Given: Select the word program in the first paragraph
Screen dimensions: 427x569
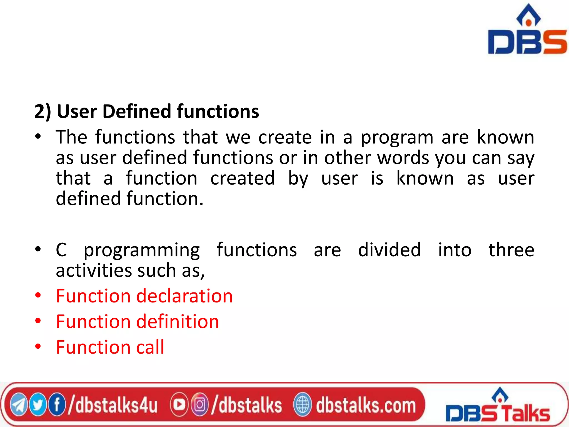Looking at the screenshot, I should pyautogui.click(x=397, y=138).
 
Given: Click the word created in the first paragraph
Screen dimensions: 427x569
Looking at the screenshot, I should pyautogui.click(x=242, y=178).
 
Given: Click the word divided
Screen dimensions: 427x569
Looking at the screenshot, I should pyautogui.click(x=389, y=249).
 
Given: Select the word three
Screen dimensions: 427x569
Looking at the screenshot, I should pyautogui.click(x=511, y=249).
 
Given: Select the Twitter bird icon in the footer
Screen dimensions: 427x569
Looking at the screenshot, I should pyautogui.click(x=38, y=405).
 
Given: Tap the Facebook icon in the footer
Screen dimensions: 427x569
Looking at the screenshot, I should pyautogui.click(x=57, y=405).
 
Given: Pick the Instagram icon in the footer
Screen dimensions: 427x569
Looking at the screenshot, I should pyautogui.click(x=199, y=405).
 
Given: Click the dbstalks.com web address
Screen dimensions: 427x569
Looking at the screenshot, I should pyautogui.click(x=366, y=405).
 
